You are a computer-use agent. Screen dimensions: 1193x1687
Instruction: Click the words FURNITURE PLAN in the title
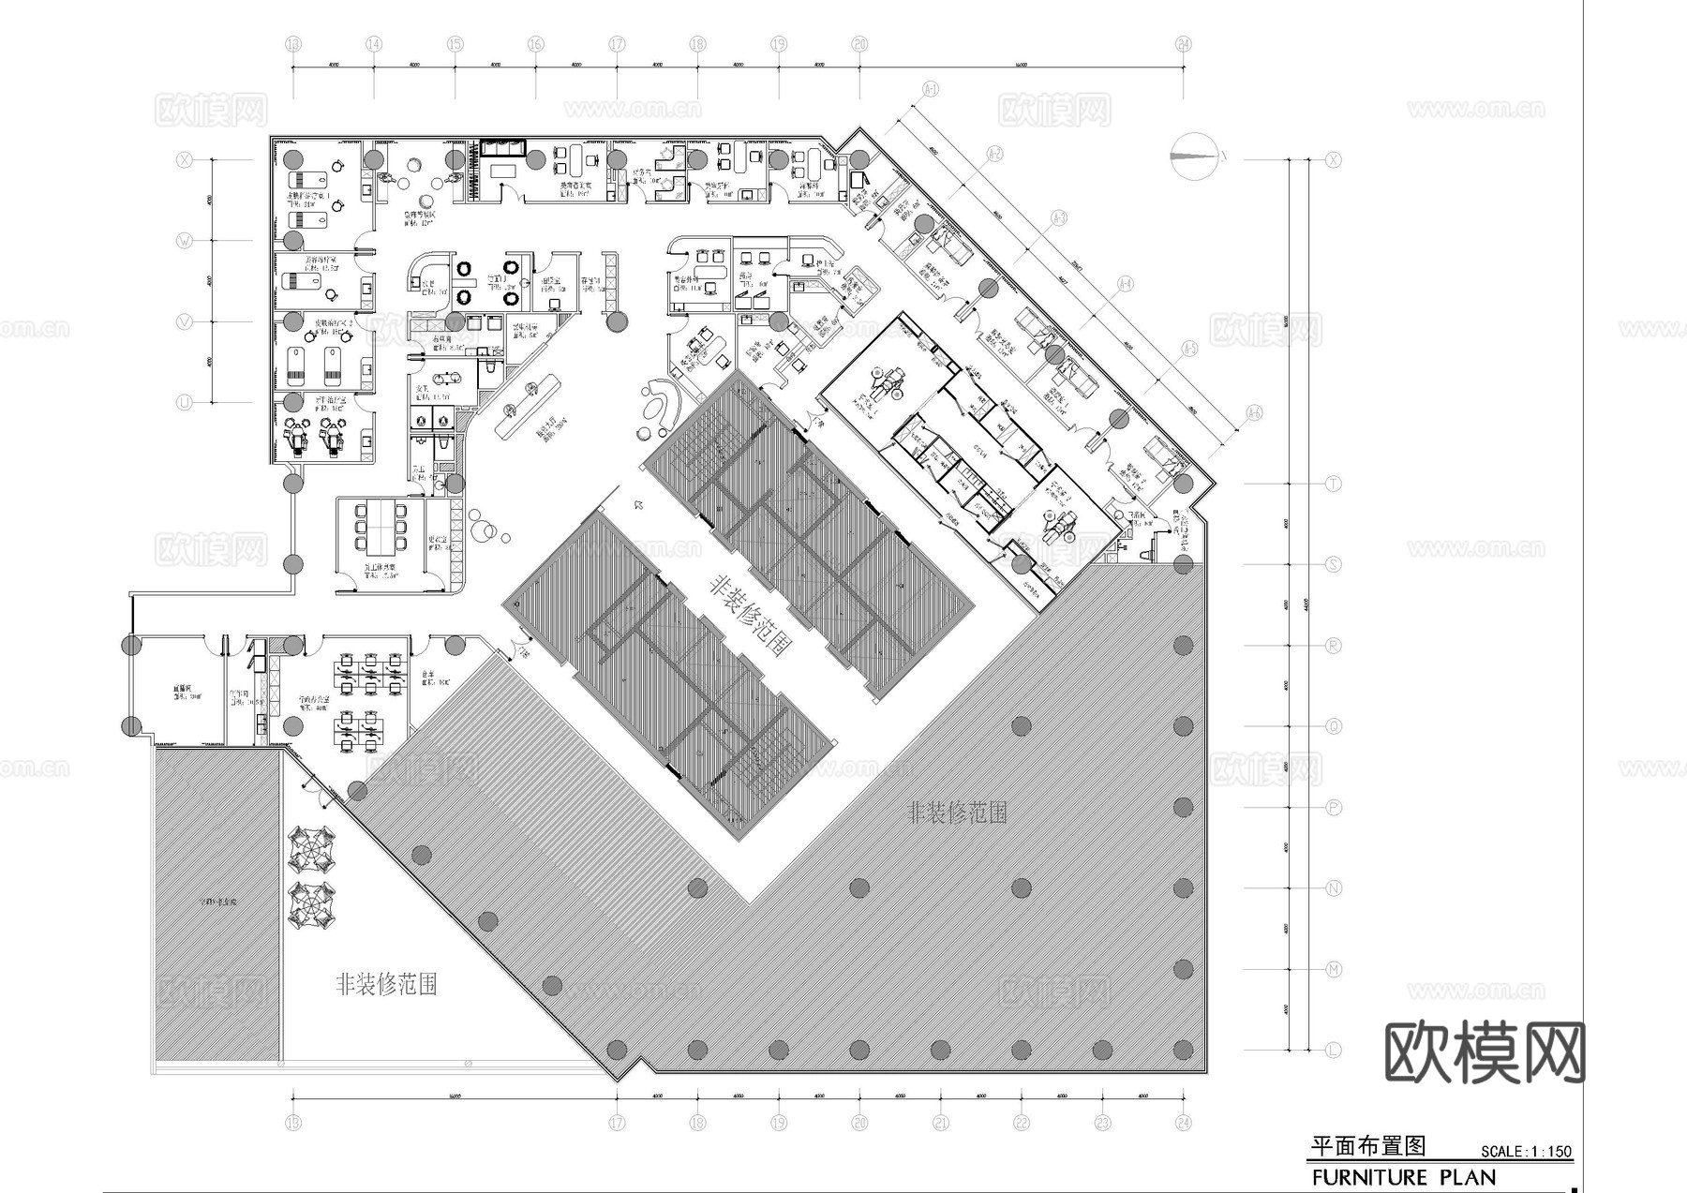click(x=1403, y=1177)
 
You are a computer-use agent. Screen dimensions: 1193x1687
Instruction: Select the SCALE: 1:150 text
click(x=1526, y=1152)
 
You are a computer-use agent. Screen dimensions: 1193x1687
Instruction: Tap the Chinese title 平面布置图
click(x=1367, y=1146)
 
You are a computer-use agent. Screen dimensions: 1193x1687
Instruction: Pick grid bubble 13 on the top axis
click(x=293, y=44)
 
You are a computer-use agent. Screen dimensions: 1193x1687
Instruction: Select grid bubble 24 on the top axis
click(x=1184, y=44)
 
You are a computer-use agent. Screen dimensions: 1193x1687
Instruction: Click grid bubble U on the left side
click(x=185, y=403)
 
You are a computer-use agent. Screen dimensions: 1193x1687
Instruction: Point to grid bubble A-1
click(x=931, y=89)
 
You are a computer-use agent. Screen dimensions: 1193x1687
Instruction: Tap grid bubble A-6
click(x=1254, y=413)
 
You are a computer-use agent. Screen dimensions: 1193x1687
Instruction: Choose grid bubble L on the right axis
click(x=1334, y=1051)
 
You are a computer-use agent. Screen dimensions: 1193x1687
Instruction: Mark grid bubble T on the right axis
click(x=1334, y=484)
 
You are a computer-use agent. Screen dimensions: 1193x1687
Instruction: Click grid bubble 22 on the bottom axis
click(x=1022, y=1123)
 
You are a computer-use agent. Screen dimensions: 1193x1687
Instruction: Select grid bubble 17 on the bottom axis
click(x=617, y=1123)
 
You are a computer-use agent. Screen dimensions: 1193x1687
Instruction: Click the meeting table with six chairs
click(x=381, y=527)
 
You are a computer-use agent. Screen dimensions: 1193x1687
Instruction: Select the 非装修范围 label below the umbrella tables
click(x=386, y=984)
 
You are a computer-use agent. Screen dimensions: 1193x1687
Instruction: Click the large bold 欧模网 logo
click(x=1485, y=1051)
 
